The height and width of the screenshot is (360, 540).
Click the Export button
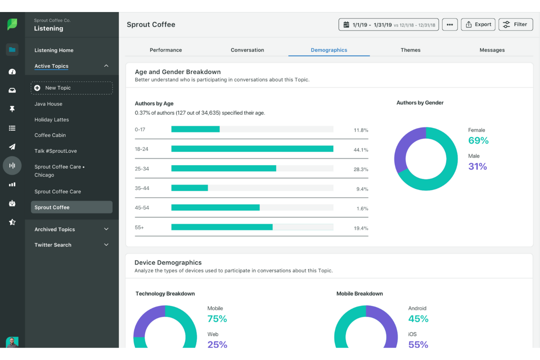pyautogui.click(x=478, y=24)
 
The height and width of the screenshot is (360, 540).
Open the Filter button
pyautogui.click(x=516, y=24)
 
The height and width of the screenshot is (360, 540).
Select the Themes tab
pyautogui.click(x=410, y=50)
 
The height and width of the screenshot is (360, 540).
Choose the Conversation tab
pyautogui.click(x=247, y=50)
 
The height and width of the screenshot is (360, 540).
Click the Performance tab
pyautogui.click(x=166, y=50)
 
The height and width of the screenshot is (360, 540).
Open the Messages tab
pyautogui.click(x=492, y=50)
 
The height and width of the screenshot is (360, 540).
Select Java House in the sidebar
pyautogui.click(x=49, y=104)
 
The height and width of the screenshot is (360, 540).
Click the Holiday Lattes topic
pyautogui.click(x=52, y=120)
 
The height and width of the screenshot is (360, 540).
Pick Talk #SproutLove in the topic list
pyautogui.click(x=56, y=151)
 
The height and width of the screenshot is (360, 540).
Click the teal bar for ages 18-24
pyautogui.click(x=252, y=149)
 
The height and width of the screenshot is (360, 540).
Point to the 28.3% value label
pyautogui.click(x=361, y=170)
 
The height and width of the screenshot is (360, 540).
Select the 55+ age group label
pyautogui.click(x=139, y=228)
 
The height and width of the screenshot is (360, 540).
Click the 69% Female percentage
pyautogui.click(x=478, y=140)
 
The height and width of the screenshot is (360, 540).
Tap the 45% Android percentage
pyautogui.click(x=418, y=319)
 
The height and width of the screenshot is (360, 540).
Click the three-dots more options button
pyautogui.click(x=450, y=24)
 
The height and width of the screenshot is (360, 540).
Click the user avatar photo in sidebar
pyautogui.click(x=12, y=342)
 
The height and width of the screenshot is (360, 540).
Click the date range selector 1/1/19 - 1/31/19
pyautogui.click(x=389, y=25)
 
